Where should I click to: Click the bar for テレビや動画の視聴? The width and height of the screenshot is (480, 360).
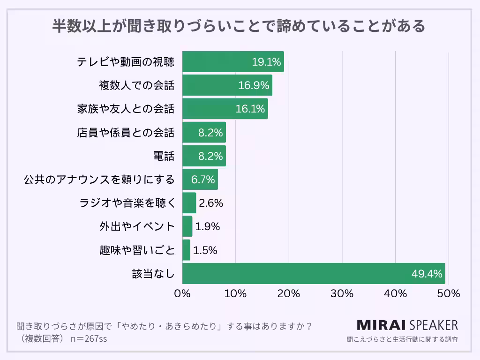(x=233, y=62)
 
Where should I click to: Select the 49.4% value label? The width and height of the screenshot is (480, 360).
(x=427, y=274)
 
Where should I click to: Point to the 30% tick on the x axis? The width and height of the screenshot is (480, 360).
(x=342, y=294)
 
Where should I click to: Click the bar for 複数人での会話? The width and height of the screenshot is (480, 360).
(x=227, y=85)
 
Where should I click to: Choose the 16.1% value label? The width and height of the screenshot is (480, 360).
(x=250, y=109)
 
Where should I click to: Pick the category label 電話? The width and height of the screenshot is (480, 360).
(x=164, y=156)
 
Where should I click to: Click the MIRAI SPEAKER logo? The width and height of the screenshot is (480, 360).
(x=407, y=325)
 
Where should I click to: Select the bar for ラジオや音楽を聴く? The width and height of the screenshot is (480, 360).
(x=189, y=203)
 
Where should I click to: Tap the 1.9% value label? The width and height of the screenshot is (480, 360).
(x=207, y=226)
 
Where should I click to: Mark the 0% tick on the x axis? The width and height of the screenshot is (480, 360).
(x=182, y=294)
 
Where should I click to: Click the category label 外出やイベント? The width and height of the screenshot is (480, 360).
(x=137, y=226)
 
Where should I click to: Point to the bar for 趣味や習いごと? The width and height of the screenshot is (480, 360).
(x=186, y=250)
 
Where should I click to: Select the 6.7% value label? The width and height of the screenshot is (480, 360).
(x=202, y=180)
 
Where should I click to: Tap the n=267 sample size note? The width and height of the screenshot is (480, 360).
(x=89, y=338)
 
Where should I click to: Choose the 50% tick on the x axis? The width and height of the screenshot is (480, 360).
(x=449, y=294)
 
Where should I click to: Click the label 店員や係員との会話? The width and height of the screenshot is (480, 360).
(x=125, y=133)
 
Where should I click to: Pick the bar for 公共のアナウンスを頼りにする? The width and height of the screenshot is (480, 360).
(x=200, y=180)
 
